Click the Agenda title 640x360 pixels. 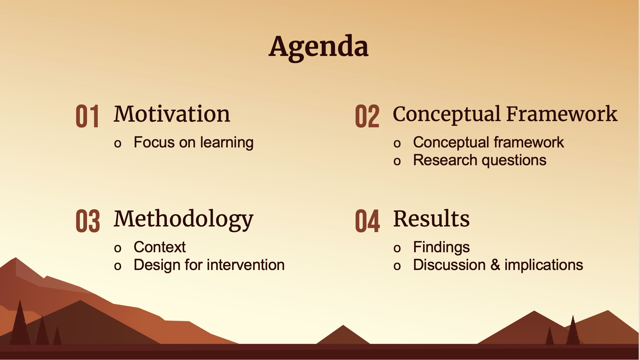click(x=319, y=47)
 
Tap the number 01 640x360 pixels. click(x=87, y=116)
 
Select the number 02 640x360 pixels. click(x=367, y=116)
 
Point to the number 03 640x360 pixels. click(x=88, y=221)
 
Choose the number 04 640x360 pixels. click(x=367, y=221)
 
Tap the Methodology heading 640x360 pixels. click(x=184, y=219)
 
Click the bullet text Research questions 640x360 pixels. click(x=480, y=160)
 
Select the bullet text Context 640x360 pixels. click(x=160, y=247)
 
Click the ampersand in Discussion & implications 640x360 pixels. click(x=495, y=265)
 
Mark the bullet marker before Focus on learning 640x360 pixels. click(x=118, y=144)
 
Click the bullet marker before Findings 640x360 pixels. click(x=397, y=249)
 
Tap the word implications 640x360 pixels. click(x=544, y=265)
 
